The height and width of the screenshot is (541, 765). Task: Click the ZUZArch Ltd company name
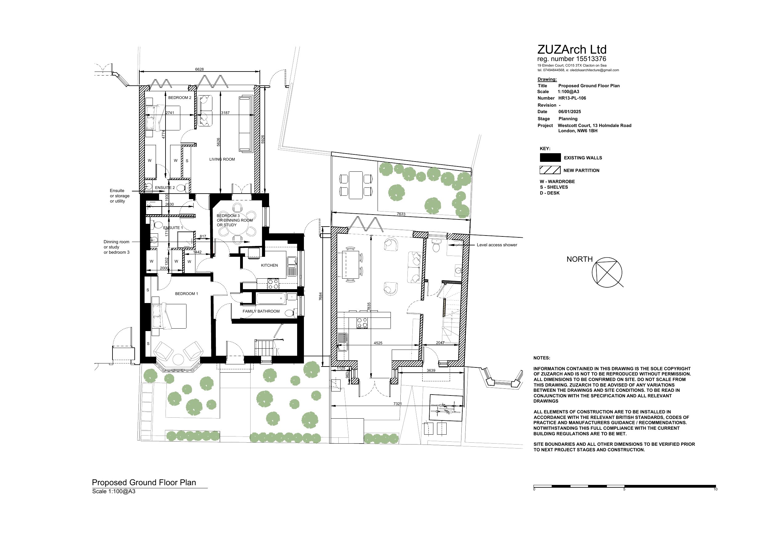coord(572,50)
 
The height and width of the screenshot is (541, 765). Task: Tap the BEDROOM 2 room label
coord(180,98)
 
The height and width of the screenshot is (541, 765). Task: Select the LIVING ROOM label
coord(222,159)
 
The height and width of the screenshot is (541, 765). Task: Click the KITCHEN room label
coord(269,265)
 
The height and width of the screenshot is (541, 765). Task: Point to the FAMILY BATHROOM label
coord(261,311)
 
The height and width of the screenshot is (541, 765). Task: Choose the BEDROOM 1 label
coord(186,294)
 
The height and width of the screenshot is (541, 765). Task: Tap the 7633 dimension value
coord(401,214)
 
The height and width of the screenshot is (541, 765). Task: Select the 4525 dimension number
coord(378,343)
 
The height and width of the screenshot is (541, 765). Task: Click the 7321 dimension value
coord(398,404)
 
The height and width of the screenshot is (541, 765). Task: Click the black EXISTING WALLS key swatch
coord(550,158)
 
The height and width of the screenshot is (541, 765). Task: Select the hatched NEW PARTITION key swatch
coord(550,170)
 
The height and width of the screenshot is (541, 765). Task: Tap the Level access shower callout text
coord(497,245)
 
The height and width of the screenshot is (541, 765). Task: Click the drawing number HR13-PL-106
coord(572,98)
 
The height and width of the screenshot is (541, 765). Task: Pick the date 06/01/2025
coord(569,112)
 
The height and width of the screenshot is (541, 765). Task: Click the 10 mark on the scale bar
coord(715,489)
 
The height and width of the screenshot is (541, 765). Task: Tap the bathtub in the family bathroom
coord(271,299)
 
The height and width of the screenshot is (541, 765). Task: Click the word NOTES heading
coord(542,358)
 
